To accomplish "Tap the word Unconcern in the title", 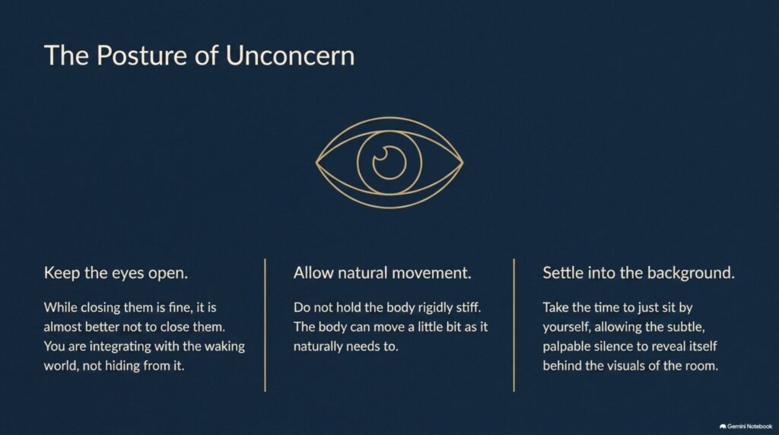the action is (x=290, y=55).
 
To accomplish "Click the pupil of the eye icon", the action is (x=389, y=163).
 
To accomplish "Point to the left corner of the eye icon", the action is (x=316, y=162).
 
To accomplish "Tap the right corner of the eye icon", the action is (x=463, y=162).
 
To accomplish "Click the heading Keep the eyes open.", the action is (x=116, y=272).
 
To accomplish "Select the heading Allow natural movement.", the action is (x=382, y=272).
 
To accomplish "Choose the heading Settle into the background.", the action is (x=638, y=272).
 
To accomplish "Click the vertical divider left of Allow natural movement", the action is (x=265, y=325).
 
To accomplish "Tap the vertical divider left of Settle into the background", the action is (x=514, y=325).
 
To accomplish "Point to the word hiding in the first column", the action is (x=122, y=366).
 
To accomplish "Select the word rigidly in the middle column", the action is (x=434, y=308).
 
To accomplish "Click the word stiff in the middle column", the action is (x=468, y=307).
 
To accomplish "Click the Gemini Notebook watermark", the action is (x=746, y=426).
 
